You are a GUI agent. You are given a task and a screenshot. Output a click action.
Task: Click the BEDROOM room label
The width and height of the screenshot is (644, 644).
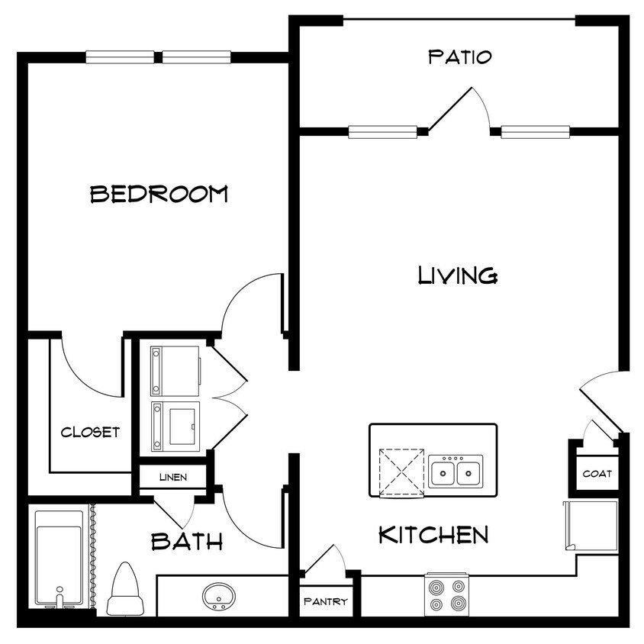[159, 194]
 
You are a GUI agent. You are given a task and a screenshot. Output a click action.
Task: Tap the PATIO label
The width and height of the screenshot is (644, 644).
[459, 56]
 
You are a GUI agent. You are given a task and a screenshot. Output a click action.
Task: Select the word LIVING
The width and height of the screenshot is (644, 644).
[458, 275]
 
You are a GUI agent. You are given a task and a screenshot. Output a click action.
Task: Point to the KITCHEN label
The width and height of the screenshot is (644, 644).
[433, 535]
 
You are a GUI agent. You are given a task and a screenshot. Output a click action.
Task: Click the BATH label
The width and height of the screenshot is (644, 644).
[187, 542]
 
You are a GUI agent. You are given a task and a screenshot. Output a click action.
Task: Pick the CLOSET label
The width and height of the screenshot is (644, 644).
[90, 433]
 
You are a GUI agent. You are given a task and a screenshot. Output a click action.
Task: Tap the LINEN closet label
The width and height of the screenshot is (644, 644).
[172, 478]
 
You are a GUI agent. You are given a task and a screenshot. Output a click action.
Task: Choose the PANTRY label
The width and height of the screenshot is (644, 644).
[326, 601]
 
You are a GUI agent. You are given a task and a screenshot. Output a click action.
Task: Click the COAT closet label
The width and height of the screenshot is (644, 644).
[597, 474]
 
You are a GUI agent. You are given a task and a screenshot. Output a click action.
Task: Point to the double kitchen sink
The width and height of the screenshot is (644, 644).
[455, 472]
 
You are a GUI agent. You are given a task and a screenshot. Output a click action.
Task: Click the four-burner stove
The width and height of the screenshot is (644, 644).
[446, 595]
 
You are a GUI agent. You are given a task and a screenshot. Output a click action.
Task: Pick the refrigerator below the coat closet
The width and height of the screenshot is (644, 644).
[590, 526]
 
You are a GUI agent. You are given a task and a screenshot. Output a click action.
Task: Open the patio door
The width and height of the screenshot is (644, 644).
[458, 111]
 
